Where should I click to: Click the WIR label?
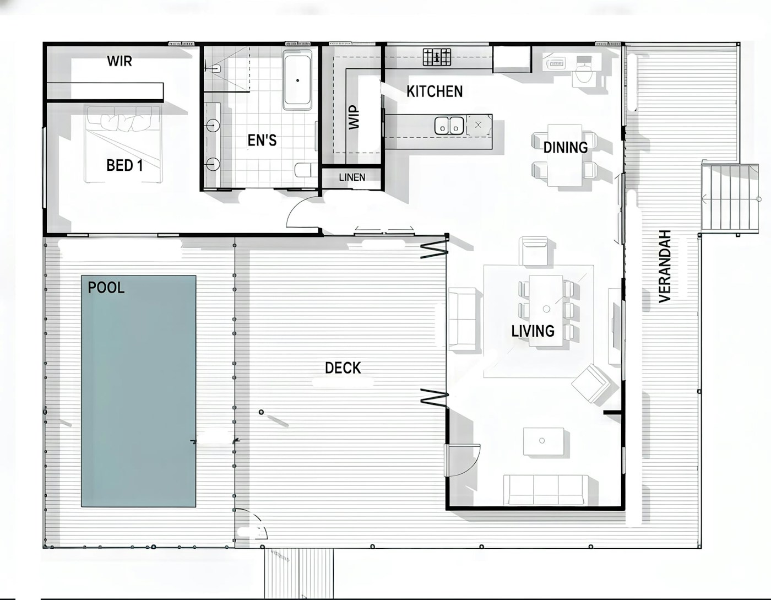pos(120,61)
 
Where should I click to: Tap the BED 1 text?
pos(124,165)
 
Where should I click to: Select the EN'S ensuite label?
pos(262,140)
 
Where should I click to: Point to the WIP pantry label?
pos(354,117)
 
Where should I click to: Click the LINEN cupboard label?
pos(352,177)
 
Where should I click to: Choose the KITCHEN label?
pos(435,91)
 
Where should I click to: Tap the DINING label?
pos(565,147)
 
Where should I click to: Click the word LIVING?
pos(533,331)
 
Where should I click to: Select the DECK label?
pos(343,367)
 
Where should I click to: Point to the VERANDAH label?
pos(665,266)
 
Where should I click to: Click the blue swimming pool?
pos(139,391)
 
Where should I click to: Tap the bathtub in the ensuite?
pos(297,80)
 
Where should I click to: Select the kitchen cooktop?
pos(437,56)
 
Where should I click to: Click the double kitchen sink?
pos(449,126)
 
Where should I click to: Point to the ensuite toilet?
pos(305,170)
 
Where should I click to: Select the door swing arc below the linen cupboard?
pos(302,213)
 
